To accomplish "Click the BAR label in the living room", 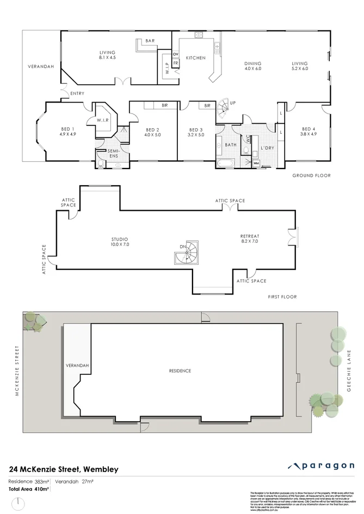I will pyautogui.click(x=149, y=41).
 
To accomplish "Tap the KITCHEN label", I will pyautogui.click(x=195, y=58).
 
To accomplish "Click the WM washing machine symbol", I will pyautogui.click(x=256, y=162).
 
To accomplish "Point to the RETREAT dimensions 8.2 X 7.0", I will pyautogui.click(x=249, y=241).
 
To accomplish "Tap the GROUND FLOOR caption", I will pyautogui.click(x=311, y=175).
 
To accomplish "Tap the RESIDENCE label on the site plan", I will pyautogui.click(x=180, y=371).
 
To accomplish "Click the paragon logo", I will pyautogui.click(x=322, y=466).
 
